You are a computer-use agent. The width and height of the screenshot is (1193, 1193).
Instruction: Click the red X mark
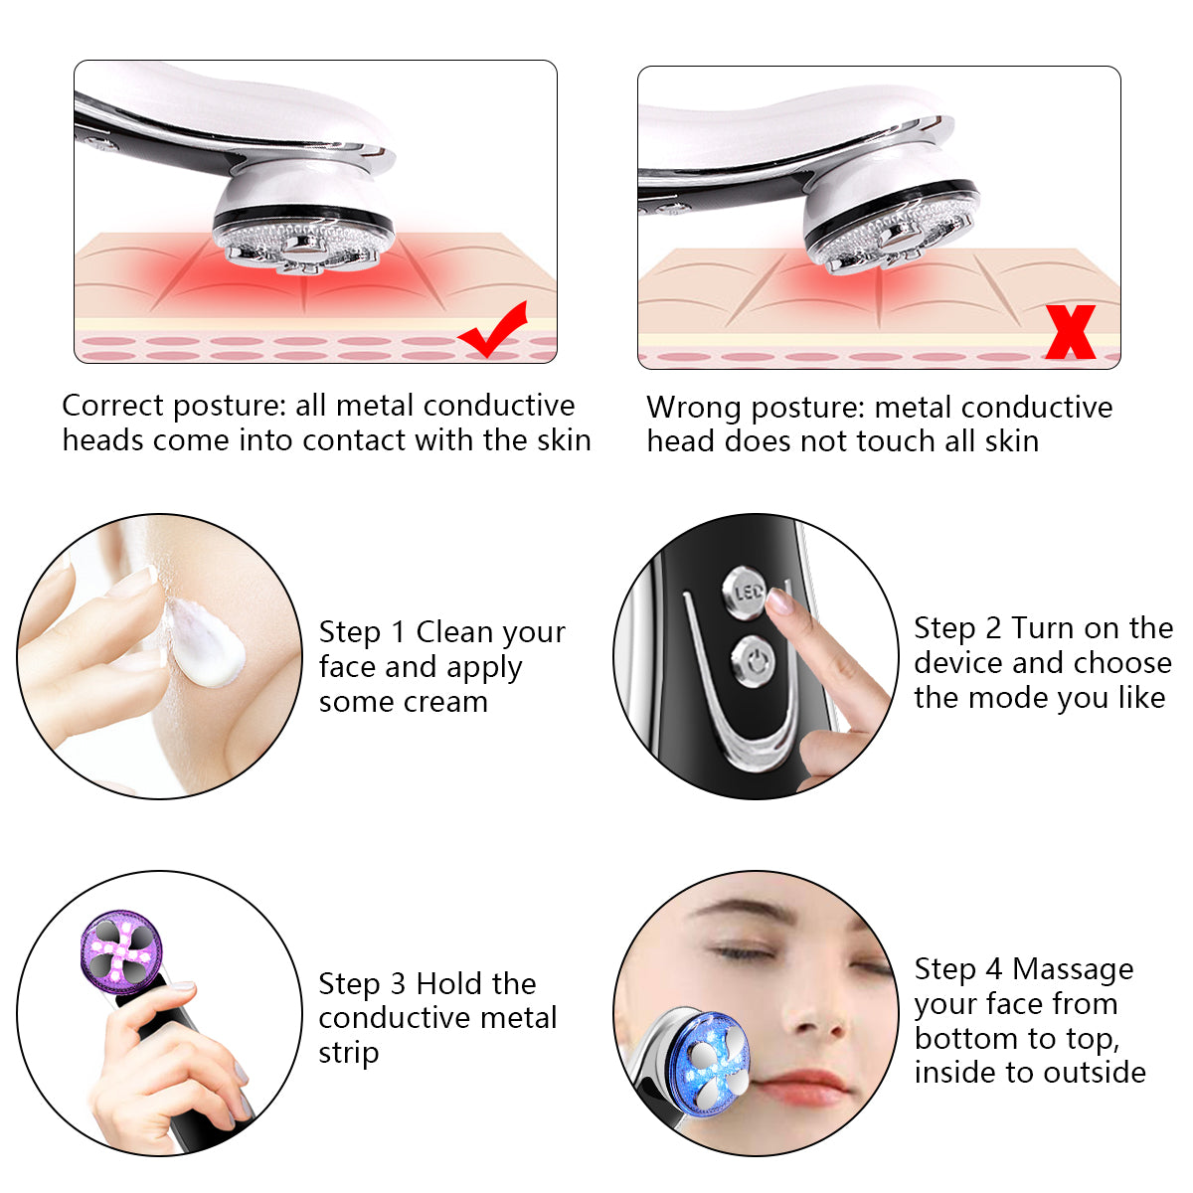point(1070,332)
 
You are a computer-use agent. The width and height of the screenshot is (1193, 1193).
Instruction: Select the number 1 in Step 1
point(398,632)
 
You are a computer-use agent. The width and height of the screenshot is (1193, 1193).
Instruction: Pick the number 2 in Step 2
point(993,628)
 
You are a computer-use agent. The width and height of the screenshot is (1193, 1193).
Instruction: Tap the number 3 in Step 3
point(398,984)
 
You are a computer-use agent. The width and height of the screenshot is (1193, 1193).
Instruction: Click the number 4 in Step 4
point(993,969)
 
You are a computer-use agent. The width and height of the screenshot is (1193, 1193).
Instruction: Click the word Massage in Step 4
point(1073,970)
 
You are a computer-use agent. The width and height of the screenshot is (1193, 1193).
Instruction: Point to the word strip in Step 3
point(349,1054)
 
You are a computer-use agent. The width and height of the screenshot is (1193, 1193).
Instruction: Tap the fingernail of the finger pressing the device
point(778,601)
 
